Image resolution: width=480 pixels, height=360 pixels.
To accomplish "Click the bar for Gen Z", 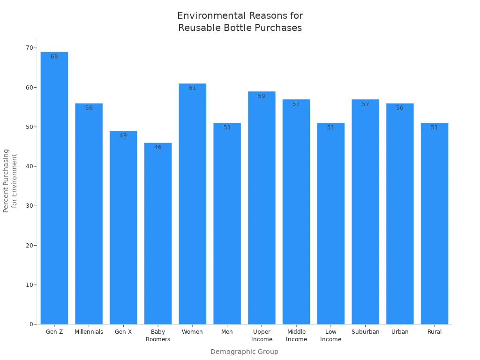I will (x=54, y=187).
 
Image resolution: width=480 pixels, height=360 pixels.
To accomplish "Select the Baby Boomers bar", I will (x=158, y=234).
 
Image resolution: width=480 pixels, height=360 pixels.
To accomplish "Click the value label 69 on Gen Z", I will (x=54, y=57).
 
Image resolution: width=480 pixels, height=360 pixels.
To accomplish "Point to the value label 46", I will (x=158, y=147).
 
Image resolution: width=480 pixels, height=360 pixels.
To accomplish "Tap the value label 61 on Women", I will (x=193, y=88).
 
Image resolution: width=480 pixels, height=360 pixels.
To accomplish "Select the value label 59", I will (x=262, y=96).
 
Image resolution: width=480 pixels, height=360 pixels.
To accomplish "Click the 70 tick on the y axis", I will (x=30, y=48).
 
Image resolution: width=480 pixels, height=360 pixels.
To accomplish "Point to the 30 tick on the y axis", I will (x=30, y=206).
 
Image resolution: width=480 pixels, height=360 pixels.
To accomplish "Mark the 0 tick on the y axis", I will (x=31, y=324).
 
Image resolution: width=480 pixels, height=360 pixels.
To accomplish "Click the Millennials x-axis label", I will (x=89, y=332).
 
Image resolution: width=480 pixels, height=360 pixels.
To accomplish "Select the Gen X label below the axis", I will (x=123, y=332).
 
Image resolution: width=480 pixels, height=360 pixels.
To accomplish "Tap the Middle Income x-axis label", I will (x=296, y=336).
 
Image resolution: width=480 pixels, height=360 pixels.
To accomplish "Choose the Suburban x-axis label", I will (x=366, y=332).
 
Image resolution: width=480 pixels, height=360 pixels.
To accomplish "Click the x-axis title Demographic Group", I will (x=244, y=352).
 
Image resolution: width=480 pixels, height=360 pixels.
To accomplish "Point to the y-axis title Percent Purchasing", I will (x=6, y=180).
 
